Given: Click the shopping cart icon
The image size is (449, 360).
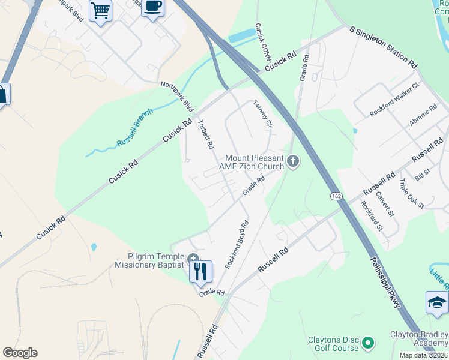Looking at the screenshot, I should [100, 10].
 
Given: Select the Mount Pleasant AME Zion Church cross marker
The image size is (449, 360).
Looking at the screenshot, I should [293, 161].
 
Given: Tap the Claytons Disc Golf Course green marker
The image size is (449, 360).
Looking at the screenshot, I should [367, 344].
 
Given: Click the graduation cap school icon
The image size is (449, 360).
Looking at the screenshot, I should [437, 303].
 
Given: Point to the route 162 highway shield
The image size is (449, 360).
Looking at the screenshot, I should [336, 196].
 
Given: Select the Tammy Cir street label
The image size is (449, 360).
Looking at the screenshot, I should [263, 114].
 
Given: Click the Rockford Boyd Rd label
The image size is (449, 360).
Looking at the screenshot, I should [237, 244].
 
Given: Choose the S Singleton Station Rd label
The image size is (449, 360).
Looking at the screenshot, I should [384, 46].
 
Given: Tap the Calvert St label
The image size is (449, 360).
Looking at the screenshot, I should [385, 204].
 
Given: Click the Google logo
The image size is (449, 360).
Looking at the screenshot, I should [20, 353].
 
